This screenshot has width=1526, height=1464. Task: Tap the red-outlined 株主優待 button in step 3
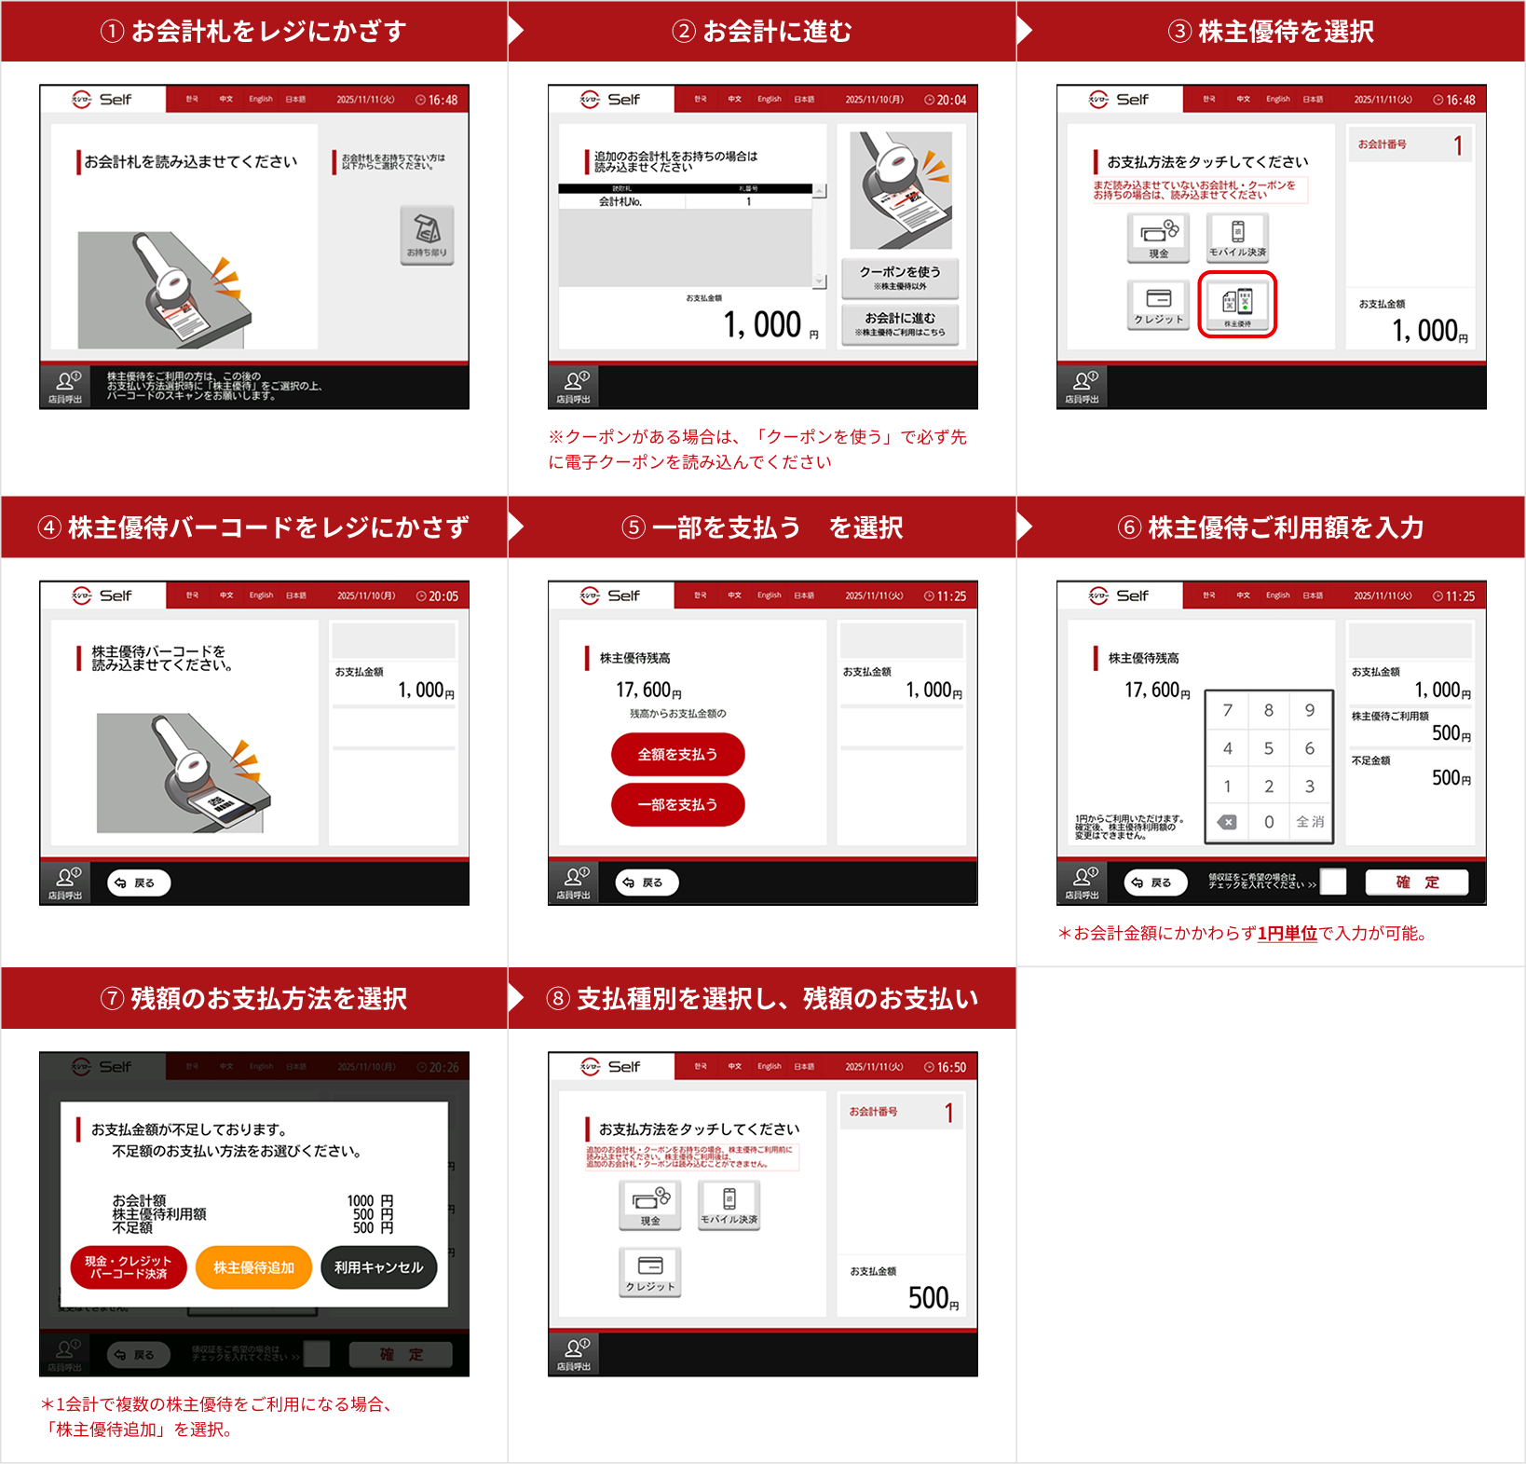pyautogui.click(x=1237, y=304)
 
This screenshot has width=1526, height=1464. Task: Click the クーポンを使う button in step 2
pyautogui.click(x=900, y=277)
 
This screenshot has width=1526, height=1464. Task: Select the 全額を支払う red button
pyautogui.click(x=677, y=755)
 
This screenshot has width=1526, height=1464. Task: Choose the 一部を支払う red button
pyautogui.click(x=677, y=804)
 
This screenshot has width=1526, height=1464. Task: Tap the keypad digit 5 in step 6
pyautogui.click(x=1268, y=748)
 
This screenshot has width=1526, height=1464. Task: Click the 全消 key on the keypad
pyautogui.click(x=1310, y=822)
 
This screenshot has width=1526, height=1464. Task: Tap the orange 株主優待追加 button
pyautogui.click(x=253, y=1267)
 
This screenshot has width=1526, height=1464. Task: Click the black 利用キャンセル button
pyautogui.click(x=378, y=1267)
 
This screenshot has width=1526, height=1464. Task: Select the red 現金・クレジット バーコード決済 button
pyautogui.click(x=129, y=1267)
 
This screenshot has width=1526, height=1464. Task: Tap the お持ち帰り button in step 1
pyautogui.click(x=427, y=235)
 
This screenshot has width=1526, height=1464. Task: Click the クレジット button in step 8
pyautogui.click(x=649, y=1271)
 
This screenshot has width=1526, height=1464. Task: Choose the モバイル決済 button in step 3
pyautogui.click(x=1237, y=237)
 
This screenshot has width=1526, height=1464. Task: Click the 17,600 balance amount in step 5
pyautogui.click(x=648, y=691)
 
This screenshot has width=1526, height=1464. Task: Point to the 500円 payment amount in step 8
pyautogui.click(x=932, y=1298)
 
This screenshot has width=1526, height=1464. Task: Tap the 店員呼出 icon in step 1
pyautogui.click(x=65, y=386)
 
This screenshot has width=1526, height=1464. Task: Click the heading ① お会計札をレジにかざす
pyautogui.click(x=253, y=32)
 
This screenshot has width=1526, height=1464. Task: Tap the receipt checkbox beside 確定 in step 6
pyautogui.click(x=1333, y=882)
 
